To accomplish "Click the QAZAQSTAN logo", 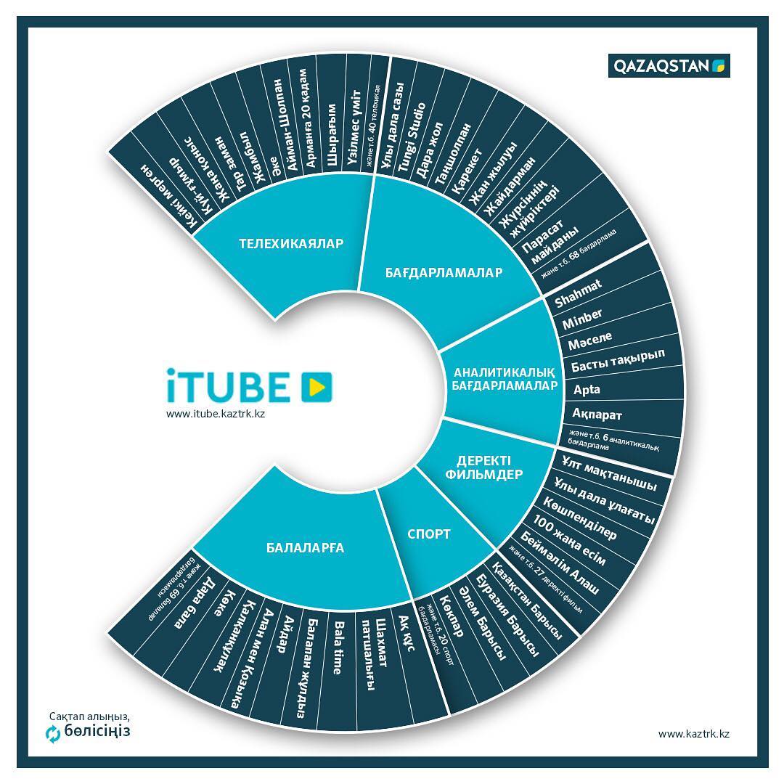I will point(669,66).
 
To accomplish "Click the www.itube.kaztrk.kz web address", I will point(215,414).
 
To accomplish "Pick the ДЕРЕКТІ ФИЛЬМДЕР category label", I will point(489,467).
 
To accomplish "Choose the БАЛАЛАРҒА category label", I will point(305,548).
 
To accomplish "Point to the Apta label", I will point(587,389).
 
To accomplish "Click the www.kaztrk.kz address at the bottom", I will point(693,734).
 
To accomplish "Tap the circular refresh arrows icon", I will point(53,734).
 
